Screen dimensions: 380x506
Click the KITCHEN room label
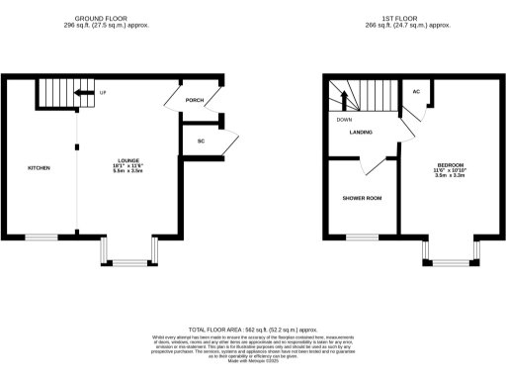(x=39, y=167)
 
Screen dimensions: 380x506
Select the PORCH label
(x=195, y=99)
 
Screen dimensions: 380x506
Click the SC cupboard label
(x=201, y=142)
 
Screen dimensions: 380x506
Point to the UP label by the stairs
(x=103, y=93)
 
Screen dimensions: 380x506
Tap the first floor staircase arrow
(x=345, y=99)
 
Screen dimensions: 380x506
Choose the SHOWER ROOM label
(x=362, y=198)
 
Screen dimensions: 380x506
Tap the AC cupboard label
(x=416, y=92)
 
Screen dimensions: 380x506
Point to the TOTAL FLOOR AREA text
(x=253, y=328)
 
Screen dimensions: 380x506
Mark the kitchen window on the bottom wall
(x=42, y=237)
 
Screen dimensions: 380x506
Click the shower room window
(x=362, y=237)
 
